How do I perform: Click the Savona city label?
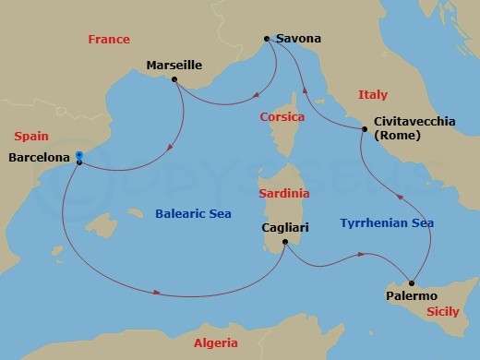pyautogui.click(x=299, y=40)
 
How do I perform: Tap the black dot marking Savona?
pyautogui.click(x=267, y=39)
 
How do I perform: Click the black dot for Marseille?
pyautogui.click(x=174, y=79)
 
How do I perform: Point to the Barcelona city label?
pyautogui.click(x=39, y=158)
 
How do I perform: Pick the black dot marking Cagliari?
pyautogui.click(x=285, y=243)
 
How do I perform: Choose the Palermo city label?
pyautogui.click(x=411, y=296)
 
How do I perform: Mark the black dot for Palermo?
pyautogui.click(x=412, y=282)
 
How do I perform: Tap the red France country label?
pyautogui.click(x=108, y=40)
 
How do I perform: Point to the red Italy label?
pyautogui.click(x=373, y=95)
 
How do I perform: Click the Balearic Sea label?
pyautogui.click(x=181, y=214)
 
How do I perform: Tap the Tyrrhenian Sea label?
pyautogui.click(x=387, y=223)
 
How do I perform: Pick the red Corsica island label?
pyautogui.click(x=282, y=118)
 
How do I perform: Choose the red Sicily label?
pyautogui.click(x=443, y=313)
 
